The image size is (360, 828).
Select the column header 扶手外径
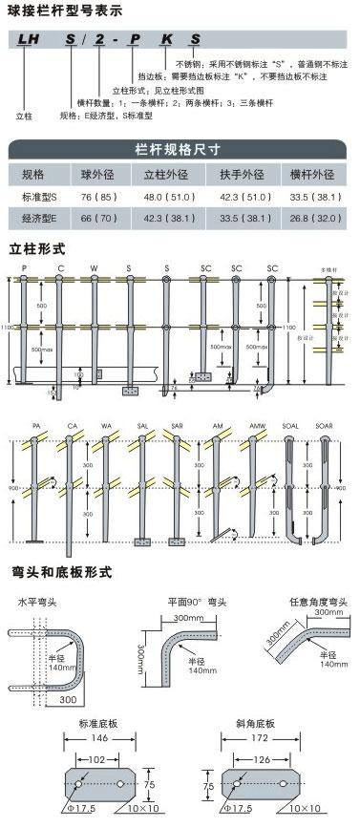coord(242,175)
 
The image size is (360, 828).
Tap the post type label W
coord(94,268)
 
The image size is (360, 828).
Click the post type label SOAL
coord(291,426)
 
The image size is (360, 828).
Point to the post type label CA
coord(72,426)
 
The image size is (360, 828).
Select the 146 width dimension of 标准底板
coord(98,739)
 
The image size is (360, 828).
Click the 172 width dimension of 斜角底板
coord(251,739)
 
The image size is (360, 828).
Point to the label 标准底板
coord(98,722)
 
